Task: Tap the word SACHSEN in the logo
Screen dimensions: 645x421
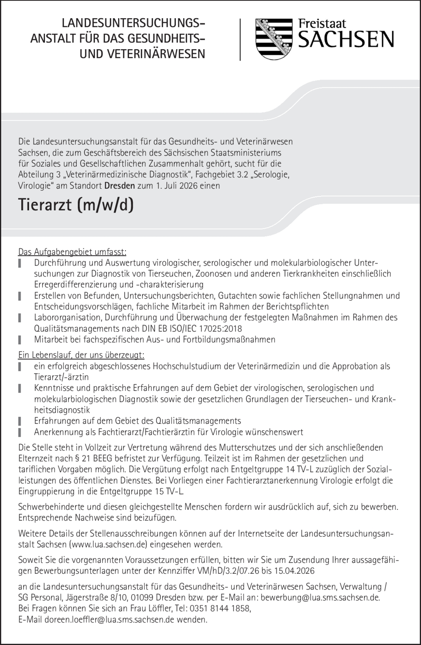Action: point(346,39)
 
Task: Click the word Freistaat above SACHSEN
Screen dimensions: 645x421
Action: point(322,24)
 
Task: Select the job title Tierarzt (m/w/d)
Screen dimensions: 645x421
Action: point(76,205)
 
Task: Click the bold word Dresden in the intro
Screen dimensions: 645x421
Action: point(120,186)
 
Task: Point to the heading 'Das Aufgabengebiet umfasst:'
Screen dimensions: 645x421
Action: point(72,252)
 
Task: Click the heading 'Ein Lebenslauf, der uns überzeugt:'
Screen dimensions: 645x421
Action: point(81,355)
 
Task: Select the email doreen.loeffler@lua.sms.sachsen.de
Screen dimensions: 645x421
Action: point(109,619)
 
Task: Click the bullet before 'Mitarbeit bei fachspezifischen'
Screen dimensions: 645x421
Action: point(20,340)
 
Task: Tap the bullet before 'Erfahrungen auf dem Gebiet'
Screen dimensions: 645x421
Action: point(20,421)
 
